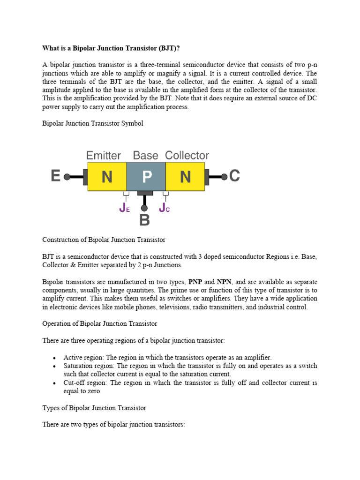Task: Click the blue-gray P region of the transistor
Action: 146,177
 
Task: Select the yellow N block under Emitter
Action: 107,177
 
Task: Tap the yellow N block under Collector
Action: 185,177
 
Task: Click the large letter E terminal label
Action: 56,176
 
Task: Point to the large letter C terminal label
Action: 235,176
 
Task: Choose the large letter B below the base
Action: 144,220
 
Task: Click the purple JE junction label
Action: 124,208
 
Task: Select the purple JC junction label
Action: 164,208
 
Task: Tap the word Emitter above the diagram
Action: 104,155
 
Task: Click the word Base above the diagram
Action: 146,155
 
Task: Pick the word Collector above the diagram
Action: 187,155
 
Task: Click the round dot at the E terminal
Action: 67,177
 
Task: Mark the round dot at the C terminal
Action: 224,177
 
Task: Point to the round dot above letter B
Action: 144,208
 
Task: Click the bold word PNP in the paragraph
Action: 195,282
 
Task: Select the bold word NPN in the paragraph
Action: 225,282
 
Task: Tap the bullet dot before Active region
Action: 55,358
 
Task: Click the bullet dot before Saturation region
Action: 55,366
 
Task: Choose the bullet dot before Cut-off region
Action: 55,383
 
